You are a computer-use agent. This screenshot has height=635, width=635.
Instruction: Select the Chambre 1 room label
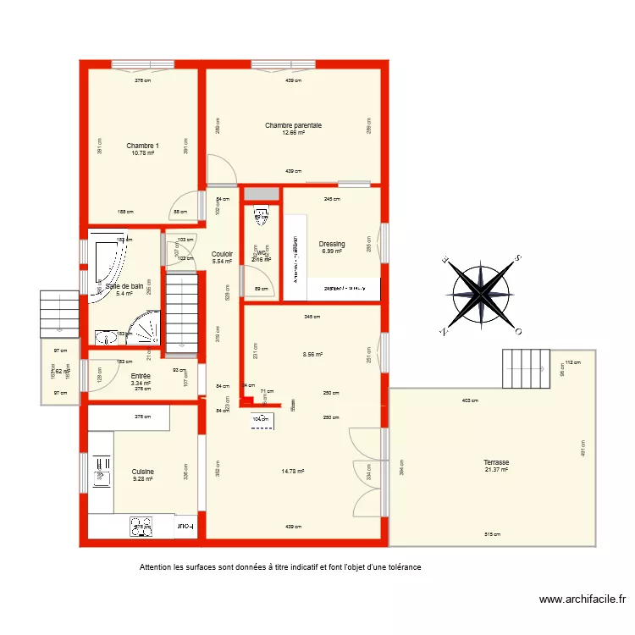(142, 146)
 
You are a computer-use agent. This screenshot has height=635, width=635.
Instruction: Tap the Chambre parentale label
(293, 125)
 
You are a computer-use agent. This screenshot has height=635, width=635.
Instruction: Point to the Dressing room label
(332, 244)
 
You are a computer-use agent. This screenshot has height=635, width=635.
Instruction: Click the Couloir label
(222, 254)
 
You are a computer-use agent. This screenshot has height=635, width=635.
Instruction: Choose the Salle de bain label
(124, 286)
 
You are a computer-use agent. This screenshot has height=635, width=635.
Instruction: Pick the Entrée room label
(141, 376)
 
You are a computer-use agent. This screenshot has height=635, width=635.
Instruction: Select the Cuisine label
(142, 472)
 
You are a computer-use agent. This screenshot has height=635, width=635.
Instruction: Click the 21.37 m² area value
(496, 470)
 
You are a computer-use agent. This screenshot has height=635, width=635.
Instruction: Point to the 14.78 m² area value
(293, 472)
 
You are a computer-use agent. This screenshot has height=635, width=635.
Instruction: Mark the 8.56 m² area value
(312, 356)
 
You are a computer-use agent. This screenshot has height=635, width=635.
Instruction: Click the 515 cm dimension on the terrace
(493, 534)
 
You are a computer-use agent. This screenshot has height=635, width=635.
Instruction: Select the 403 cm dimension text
(469, 400)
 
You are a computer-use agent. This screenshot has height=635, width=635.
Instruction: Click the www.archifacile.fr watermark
(583, 599)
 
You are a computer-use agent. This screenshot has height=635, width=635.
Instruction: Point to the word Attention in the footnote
(157, 567)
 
